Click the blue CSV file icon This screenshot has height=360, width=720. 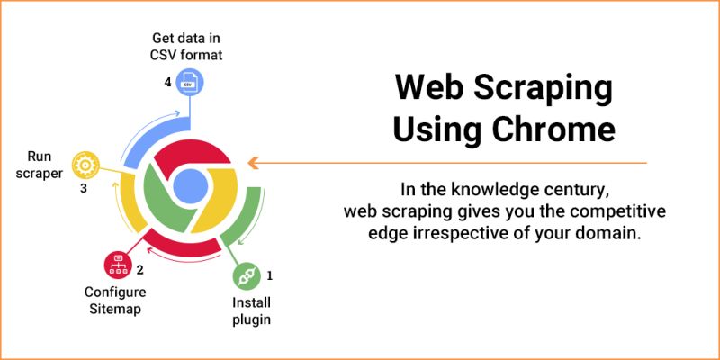[190, 84]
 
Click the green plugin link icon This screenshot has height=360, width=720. [246, 275]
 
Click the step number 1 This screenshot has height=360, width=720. [269, 274]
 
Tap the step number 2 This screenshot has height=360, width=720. [140, 269]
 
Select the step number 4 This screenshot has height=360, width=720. [167, 82]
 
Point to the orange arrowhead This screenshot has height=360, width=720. [254, 163]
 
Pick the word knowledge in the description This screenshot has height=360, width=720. [478, 190]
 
